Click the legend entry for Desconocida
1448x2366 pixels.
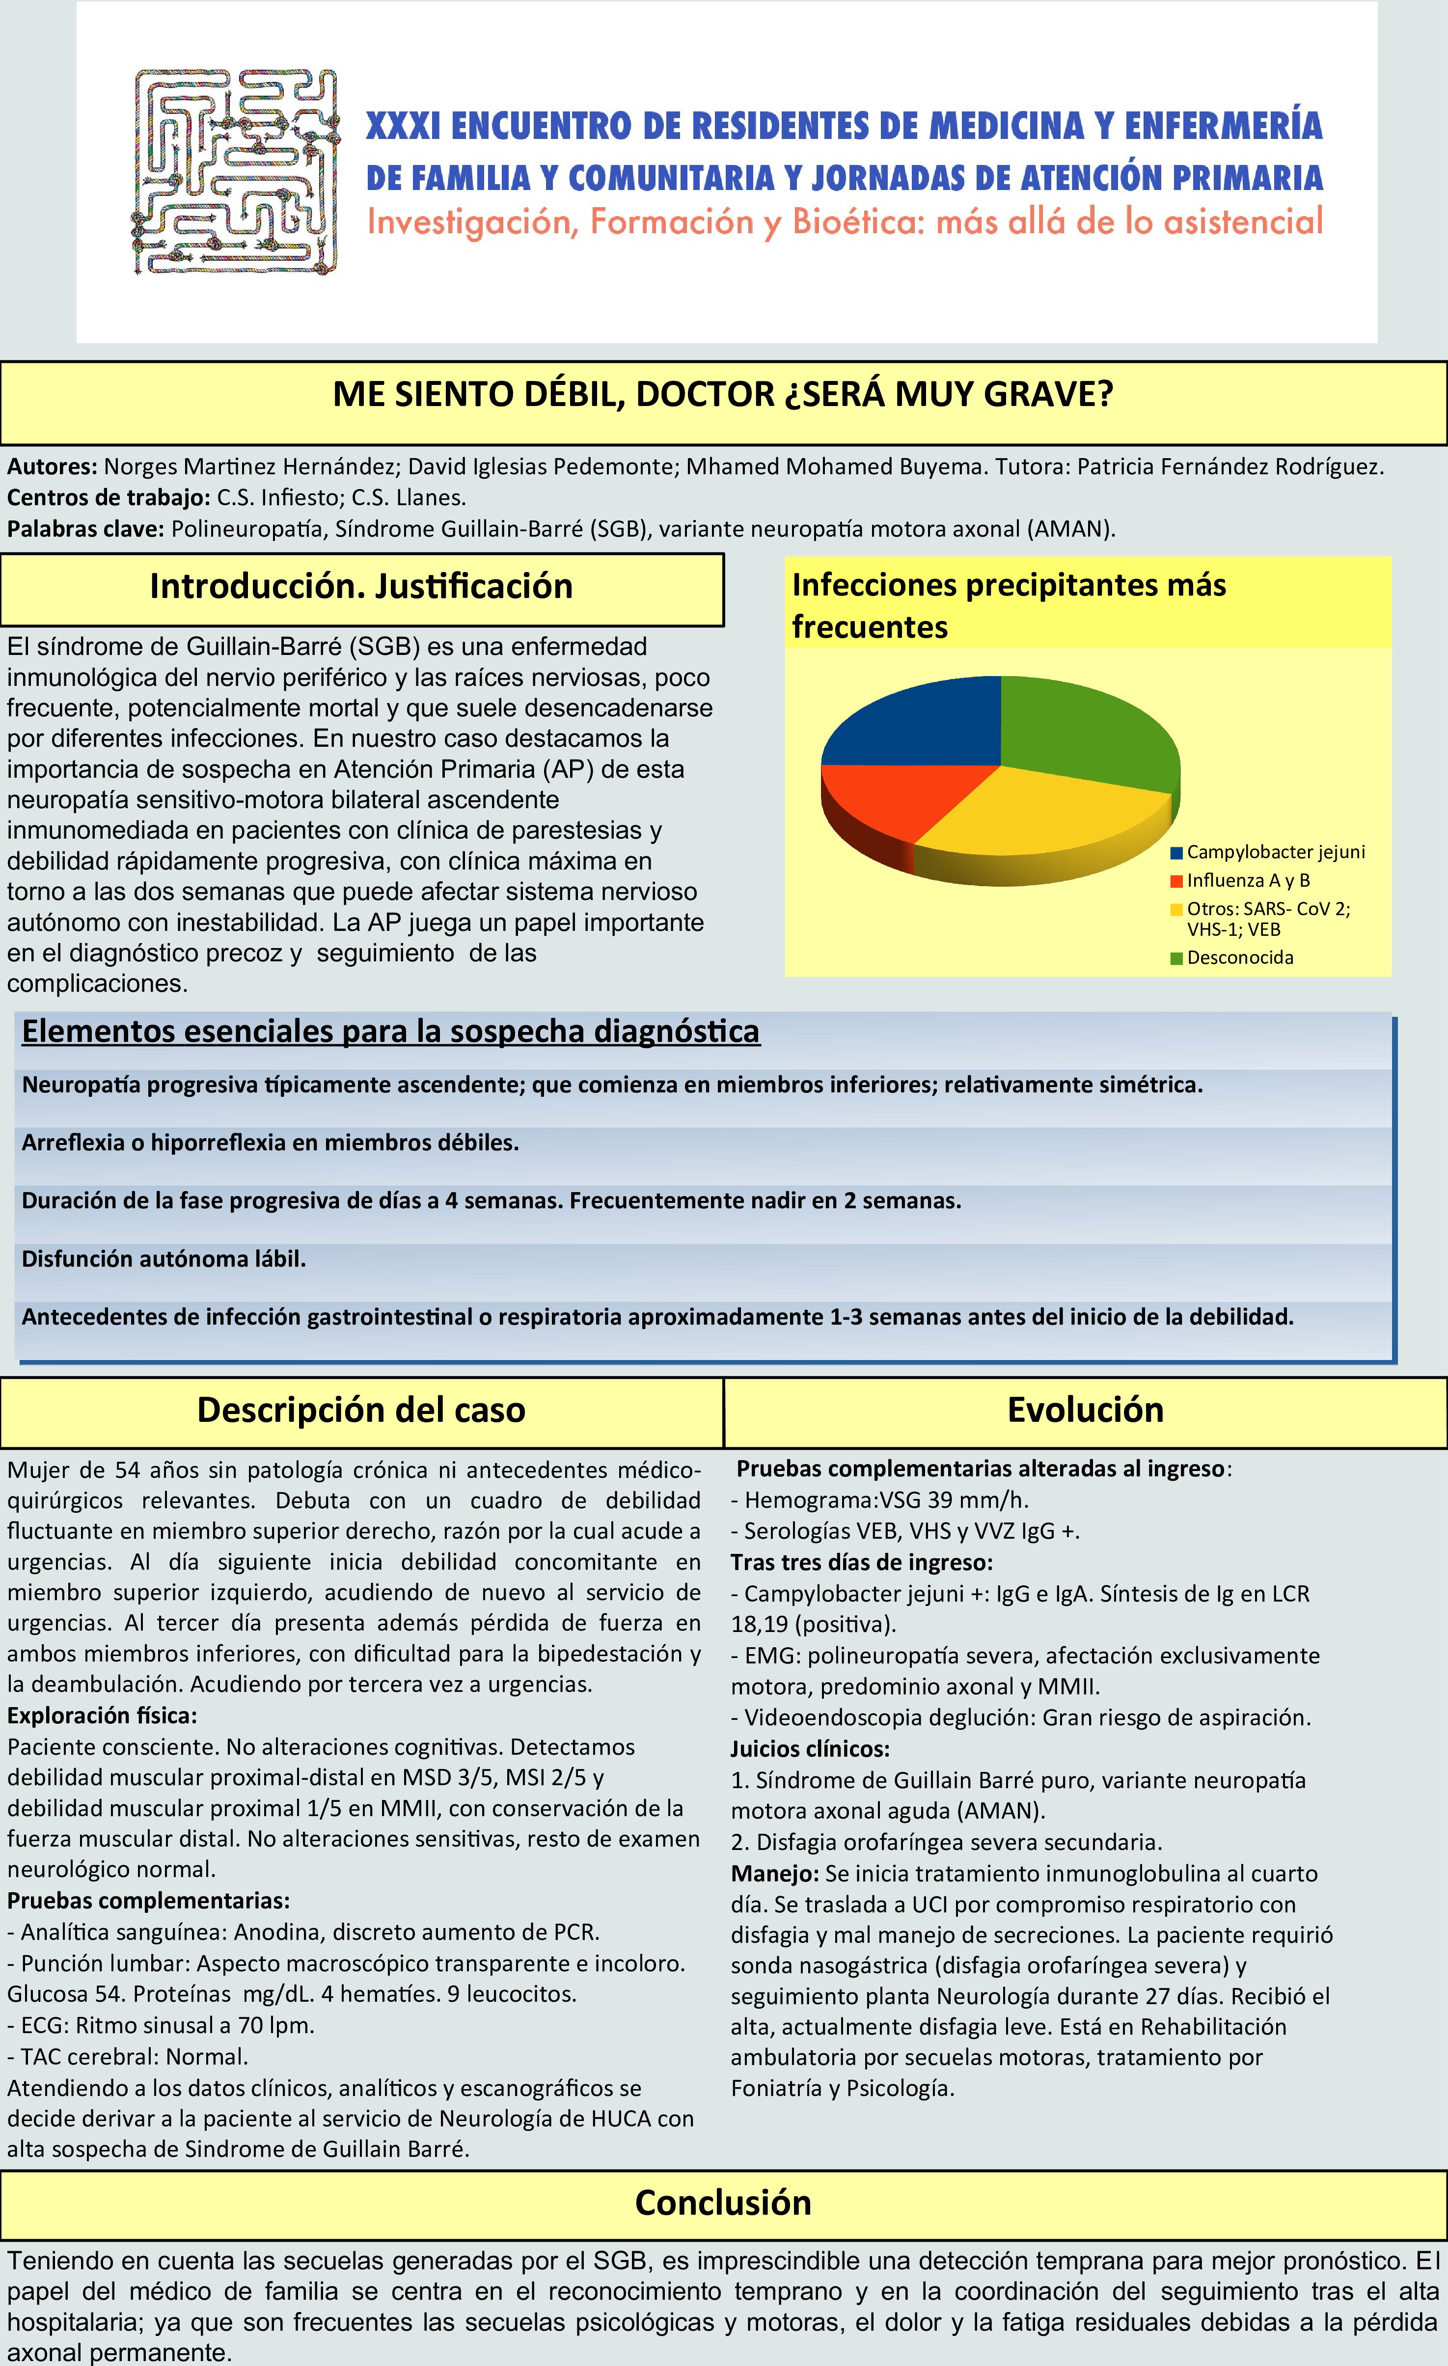(x=1239, y=957)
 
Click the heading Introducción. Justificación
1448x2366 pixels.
(x=361, y=587)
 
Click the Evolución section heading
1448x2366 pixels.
(x=1085, y=1410)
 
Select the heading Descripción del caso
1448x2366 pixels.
(x=361, y=1410)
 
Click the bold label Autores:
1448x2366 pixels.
(x=52, y=467)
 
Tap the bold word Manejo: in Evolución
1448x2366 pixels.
(x=774, y=1874)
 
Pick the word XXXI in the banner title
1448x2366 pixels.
(x=403, y=126)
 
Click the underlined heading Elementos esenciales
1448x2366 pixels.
(x=391, y=1031)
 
